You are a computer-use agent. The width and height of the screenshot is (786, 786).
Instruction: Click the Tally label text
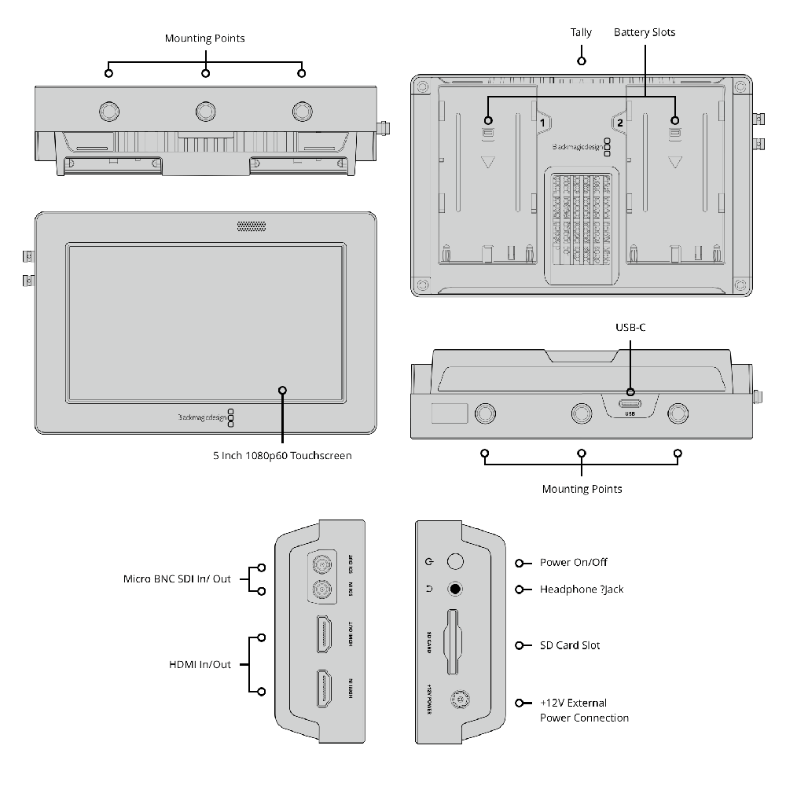[581, 33]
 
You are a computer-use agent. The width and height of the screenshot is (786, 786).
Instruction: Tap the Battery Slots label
[645, 33]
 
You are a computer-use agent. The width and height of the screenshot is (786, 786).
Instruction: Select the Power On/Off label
[573, 563]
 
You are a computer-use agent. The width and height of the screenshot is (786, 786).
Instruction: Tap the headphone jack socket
[454, 589]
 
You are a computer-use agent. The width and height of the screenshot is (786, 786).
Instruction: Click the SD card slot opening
[454, 643]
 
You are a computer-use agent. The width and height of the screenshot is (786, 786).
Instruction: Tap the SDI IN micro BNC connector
[321, 589]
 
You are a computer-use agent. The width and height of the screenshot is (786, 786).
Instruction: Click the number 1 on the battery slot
[542, 123]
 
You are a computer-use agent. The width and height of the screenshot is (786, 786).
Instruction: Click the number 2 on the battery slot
[619, 123]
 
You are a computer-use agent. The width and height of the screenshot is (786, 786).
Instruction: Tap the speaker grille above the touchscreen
[252, 227]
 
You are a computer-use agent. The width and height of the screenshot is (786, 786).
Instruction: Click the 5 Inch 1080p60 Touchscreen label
[282, 455]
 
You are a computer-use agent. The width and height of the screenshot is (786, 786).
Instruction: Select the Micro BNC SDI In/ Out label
[177, 579]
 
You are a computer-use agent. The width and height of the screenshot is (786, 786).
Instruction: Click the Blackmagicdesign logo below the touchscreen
[200, 417]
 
